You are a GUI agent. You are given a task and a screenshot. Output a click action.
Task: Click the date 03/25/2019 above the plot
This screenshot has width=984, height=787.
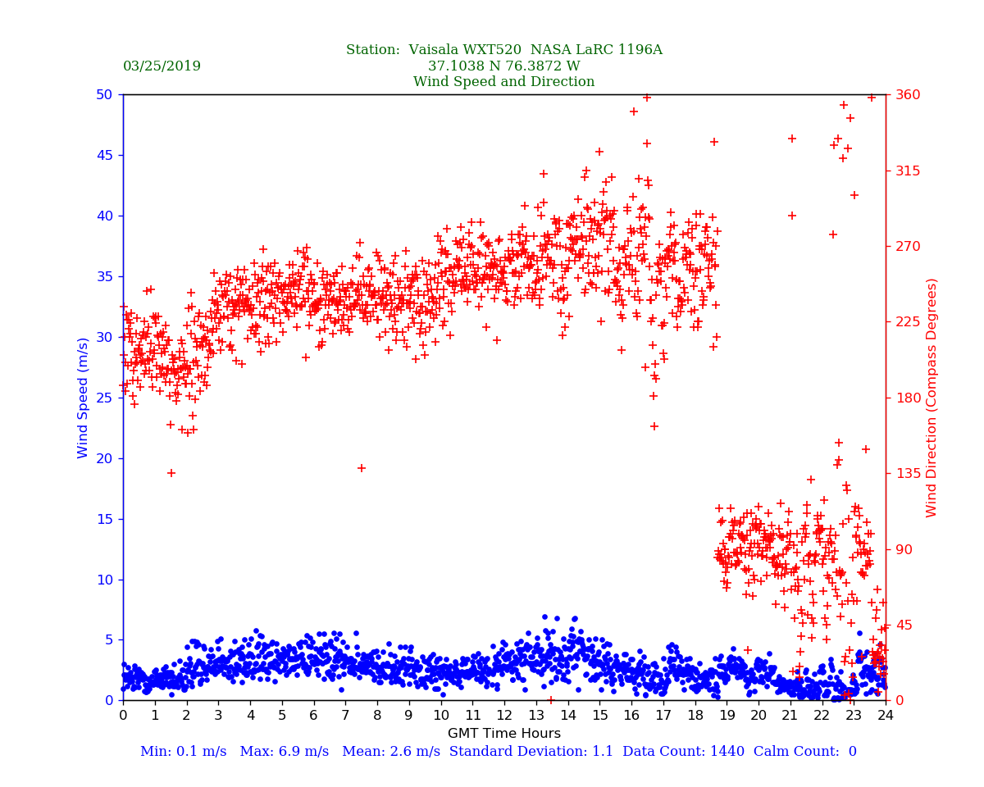click(162, 66)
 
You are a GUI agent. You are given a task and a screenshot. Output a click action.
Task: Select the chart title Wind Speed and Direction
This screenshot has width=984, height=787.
click(503, 82)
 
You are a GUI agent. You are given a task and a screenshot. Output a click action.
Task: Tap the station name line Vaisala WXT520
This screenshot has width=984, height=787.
click(503, 50)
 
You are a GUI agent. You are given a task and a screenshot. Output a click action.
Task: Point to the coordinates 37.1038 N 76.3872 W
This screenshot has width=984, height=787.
click(503, 66)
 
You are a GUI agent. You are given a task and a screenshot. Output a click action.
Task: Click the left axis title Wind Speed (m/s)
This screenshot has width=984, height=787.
click(83, 398)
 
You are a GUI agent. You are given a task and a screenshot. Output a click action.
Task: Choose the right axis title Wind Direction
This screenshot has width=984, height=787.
click(932, 398)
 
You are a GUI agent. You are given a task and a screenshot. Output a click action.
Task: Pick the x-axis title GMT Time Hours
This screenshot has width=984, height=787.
click(503, 734)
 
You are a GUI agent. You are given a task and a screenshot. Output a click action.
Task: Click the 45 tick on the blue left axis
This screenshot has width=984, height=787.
click(103, 155)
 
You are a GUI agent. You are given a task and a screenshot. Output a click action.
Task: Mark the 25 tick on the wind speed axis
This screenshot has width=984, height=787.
click(103, 398)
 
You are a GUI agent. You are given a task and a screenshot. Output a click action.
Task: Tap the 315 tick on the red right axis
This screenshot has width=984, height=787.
click(907, 171)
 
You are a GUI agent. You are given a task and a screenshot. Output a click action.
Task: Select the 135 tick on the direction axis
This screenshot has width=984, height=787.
click(907, 474)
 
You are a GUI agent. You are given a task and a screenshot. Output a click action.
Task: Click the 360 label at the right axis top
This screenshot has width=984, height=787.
click(907, 95)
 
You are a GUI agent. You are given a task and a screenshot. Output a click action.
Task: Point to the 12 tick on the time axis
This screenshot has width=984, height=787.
click(503, 716)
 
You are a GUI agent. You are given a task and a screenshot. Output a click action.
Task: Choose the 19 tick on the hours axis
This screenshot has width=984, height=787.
click(727, 716)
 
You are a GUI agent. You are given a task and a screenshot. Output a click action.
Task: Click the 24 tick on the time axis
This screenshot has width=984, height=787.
click(886, 716)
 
